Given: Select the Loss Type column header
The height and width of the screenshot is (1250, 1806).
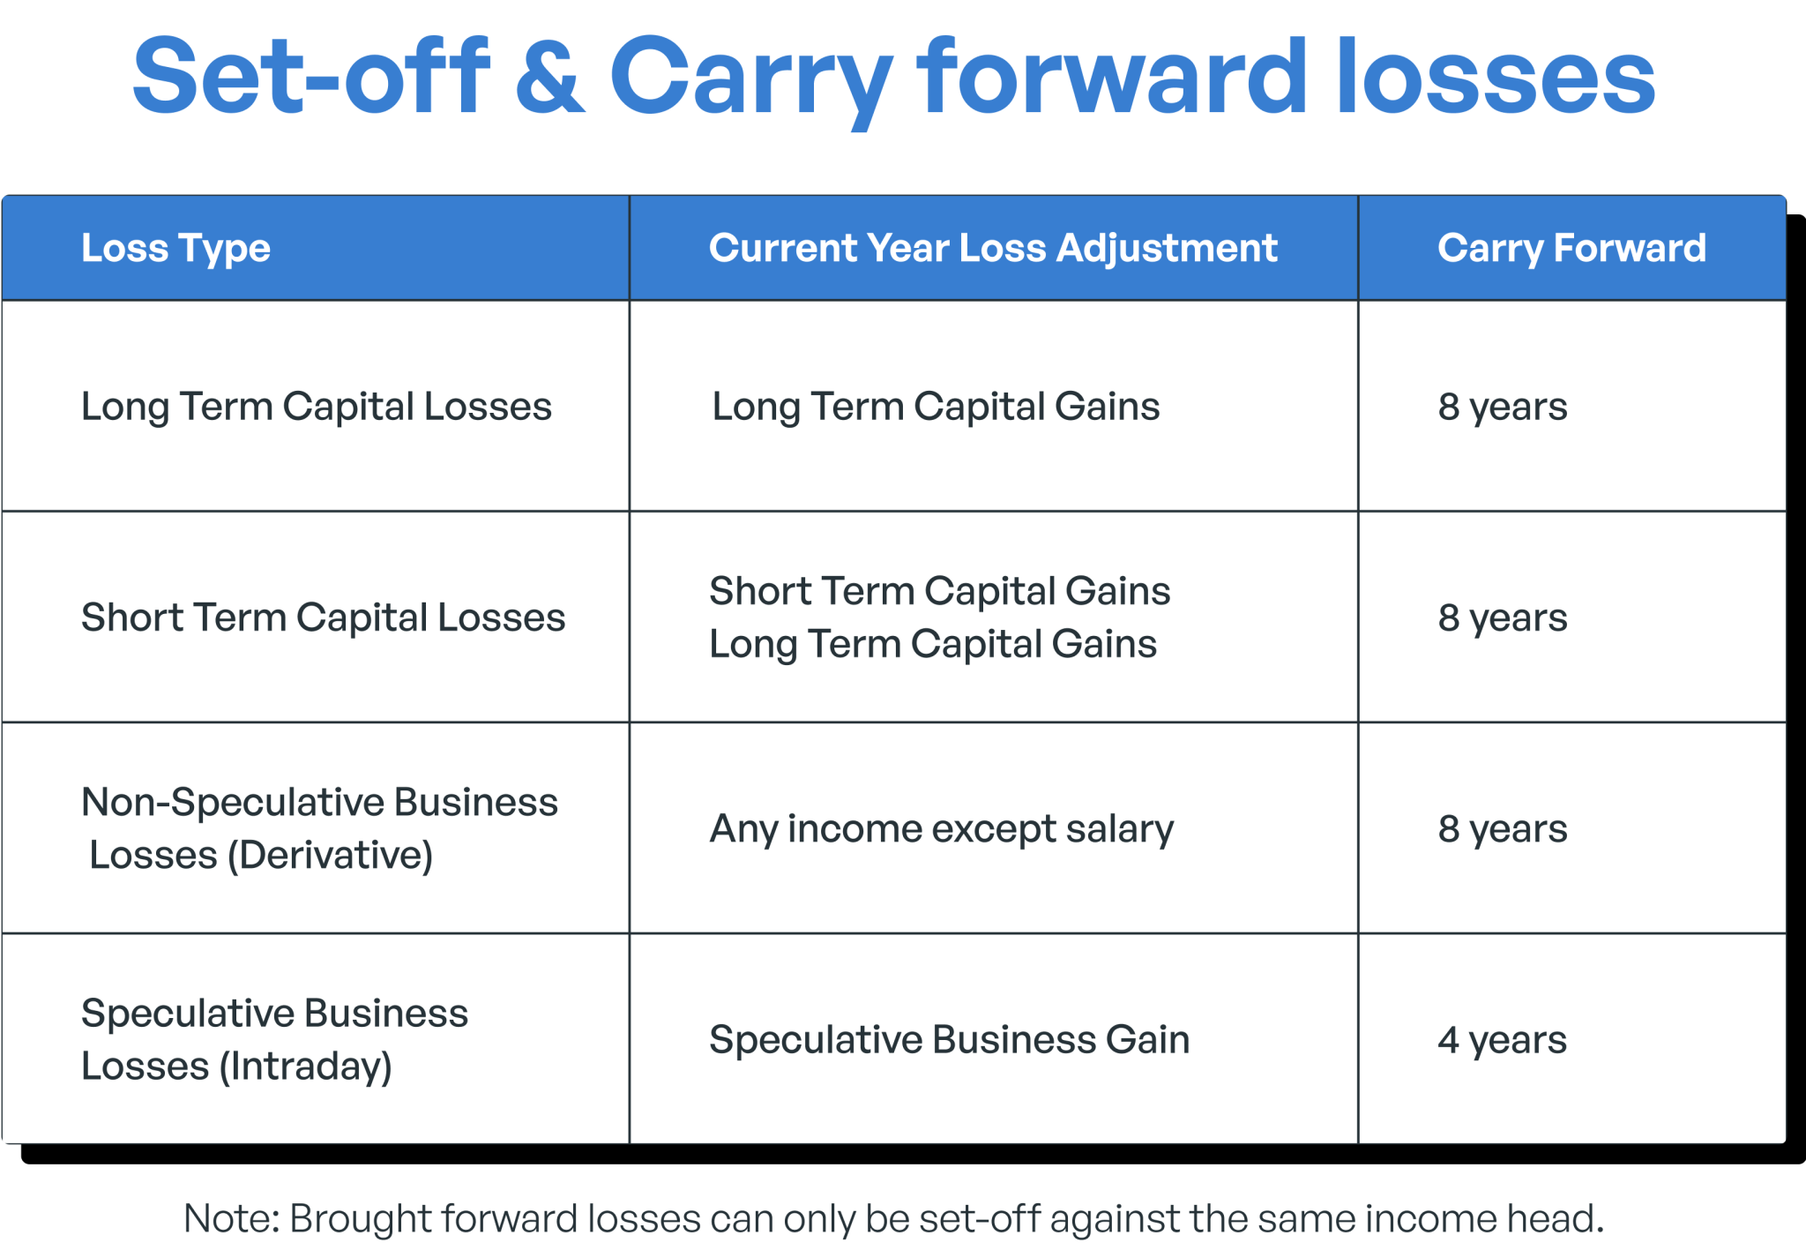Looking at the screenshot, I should (175, 248).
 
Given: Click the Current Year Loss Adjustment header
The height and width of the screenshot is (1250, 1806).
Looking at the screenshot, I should (993, 248).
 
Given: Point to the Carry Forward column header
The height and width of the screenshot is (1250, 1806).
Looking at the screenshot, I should (1571, 248).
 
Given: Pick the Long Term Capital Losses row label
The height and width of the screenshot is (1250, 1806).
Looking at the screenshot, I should (316, 407).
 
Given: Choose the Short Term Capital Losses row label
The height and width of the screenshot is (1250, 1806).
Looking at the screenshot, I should (323, 618).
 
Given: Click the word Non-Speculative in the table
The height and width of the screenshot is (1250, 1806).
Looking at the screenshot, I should (232, 803).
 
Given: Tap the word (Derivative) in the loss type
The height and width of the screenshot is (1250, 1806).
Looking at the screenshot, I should (330, 856).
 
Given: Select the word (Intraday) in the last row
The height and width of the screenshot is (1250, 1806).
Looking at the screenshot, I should (305, 1067).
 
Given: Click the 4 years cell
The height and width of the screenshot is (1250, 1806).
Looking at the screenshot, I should (1502, 1040).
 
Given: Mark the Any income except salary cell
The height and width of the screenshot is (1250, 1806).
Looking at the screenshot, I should (941, 829).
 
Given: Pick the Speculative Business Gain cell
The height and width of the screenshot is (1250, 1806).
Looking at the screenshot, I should (949, 1040).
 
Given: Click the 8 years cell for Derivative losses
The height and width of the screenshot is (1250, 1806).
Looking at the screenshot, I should (1502, 829).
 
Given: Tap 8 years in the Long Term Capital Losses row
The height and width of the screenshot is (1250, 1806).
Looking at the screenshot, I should (1502, 407).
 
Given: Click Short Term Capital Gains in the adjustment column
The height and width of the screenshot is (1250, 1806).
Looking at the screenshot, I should (939, 591).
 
